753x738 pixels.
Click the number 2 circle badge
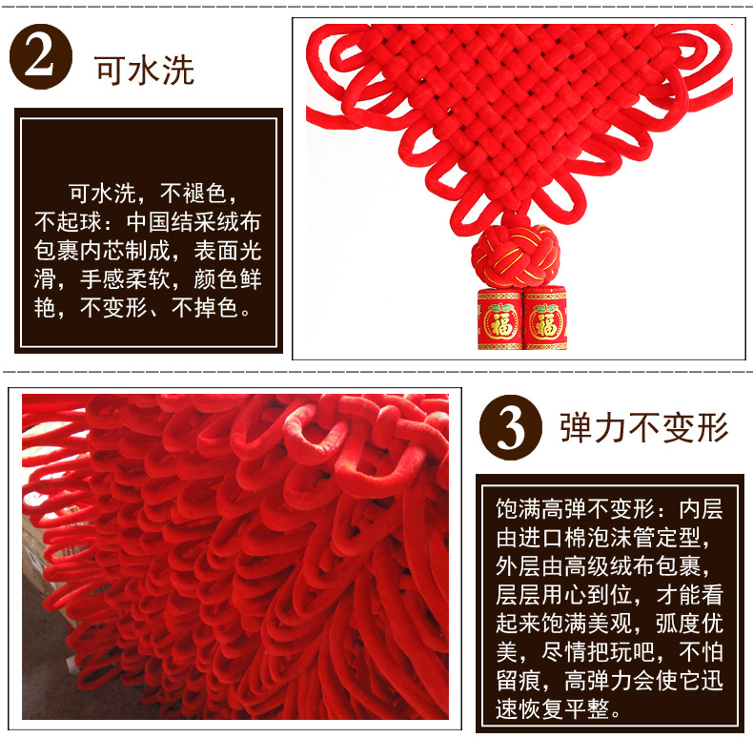(x=41, y=56)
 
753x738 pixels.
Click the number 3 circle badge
(x=511, y=427)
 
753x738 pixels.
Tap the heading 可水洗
(x=145, y=71)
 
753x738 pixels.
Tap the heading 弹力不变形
(x=644, y=427)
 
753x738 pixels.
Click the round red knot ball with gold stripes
(x=516, y=256)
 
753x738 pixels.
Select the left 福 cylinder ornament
(x=499, y=319)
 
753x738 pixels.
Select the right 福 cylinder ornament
(x=545, y=319)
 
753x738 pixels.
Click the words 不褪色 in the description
(x=193, y=194)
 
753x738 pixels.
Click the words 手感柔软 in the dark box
(x=125, y=279)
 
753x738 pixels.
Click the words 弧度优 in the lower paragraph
(x=689, y=624)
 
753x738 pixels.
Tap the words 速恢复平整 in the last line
(x=552, y=709)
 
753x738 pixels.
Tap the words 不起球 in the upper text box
(x=69, y=222)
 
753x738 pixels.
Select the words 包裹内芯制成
(x=102, y=251)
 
